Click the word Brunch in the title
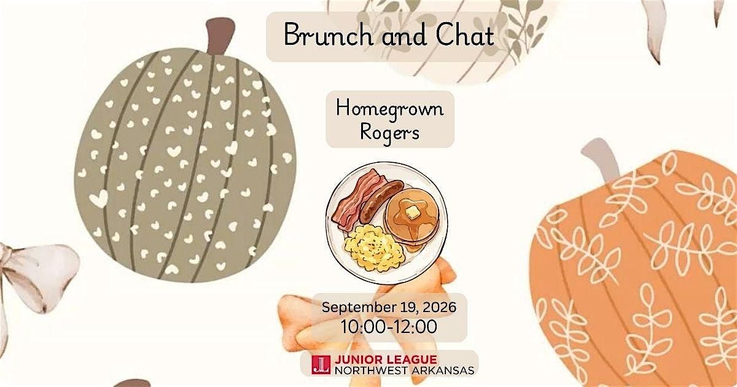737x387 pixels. (x=328, y=34)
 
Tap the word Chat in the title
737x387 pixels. (x=465, y=34)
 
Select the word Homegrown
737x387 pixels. (x=389, y=109)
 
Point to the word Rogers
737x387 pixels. (x=389, y=133)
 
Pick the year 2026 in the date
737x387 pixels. (x=439, y=307)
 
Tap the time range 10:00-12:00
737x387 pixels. (x=389, y=326)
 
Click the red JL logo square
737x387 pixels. (x=321, y=365)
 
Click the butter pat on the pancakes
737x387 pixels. (x=411, y=213)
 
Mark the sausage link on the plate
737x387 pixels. (x=381, y=201)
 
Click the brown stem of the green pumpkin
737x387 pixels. (x=220, y=36)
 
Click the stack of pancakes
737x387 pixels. (x=411, y=219)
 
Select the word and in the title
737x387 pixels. (x=404, y=35)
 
